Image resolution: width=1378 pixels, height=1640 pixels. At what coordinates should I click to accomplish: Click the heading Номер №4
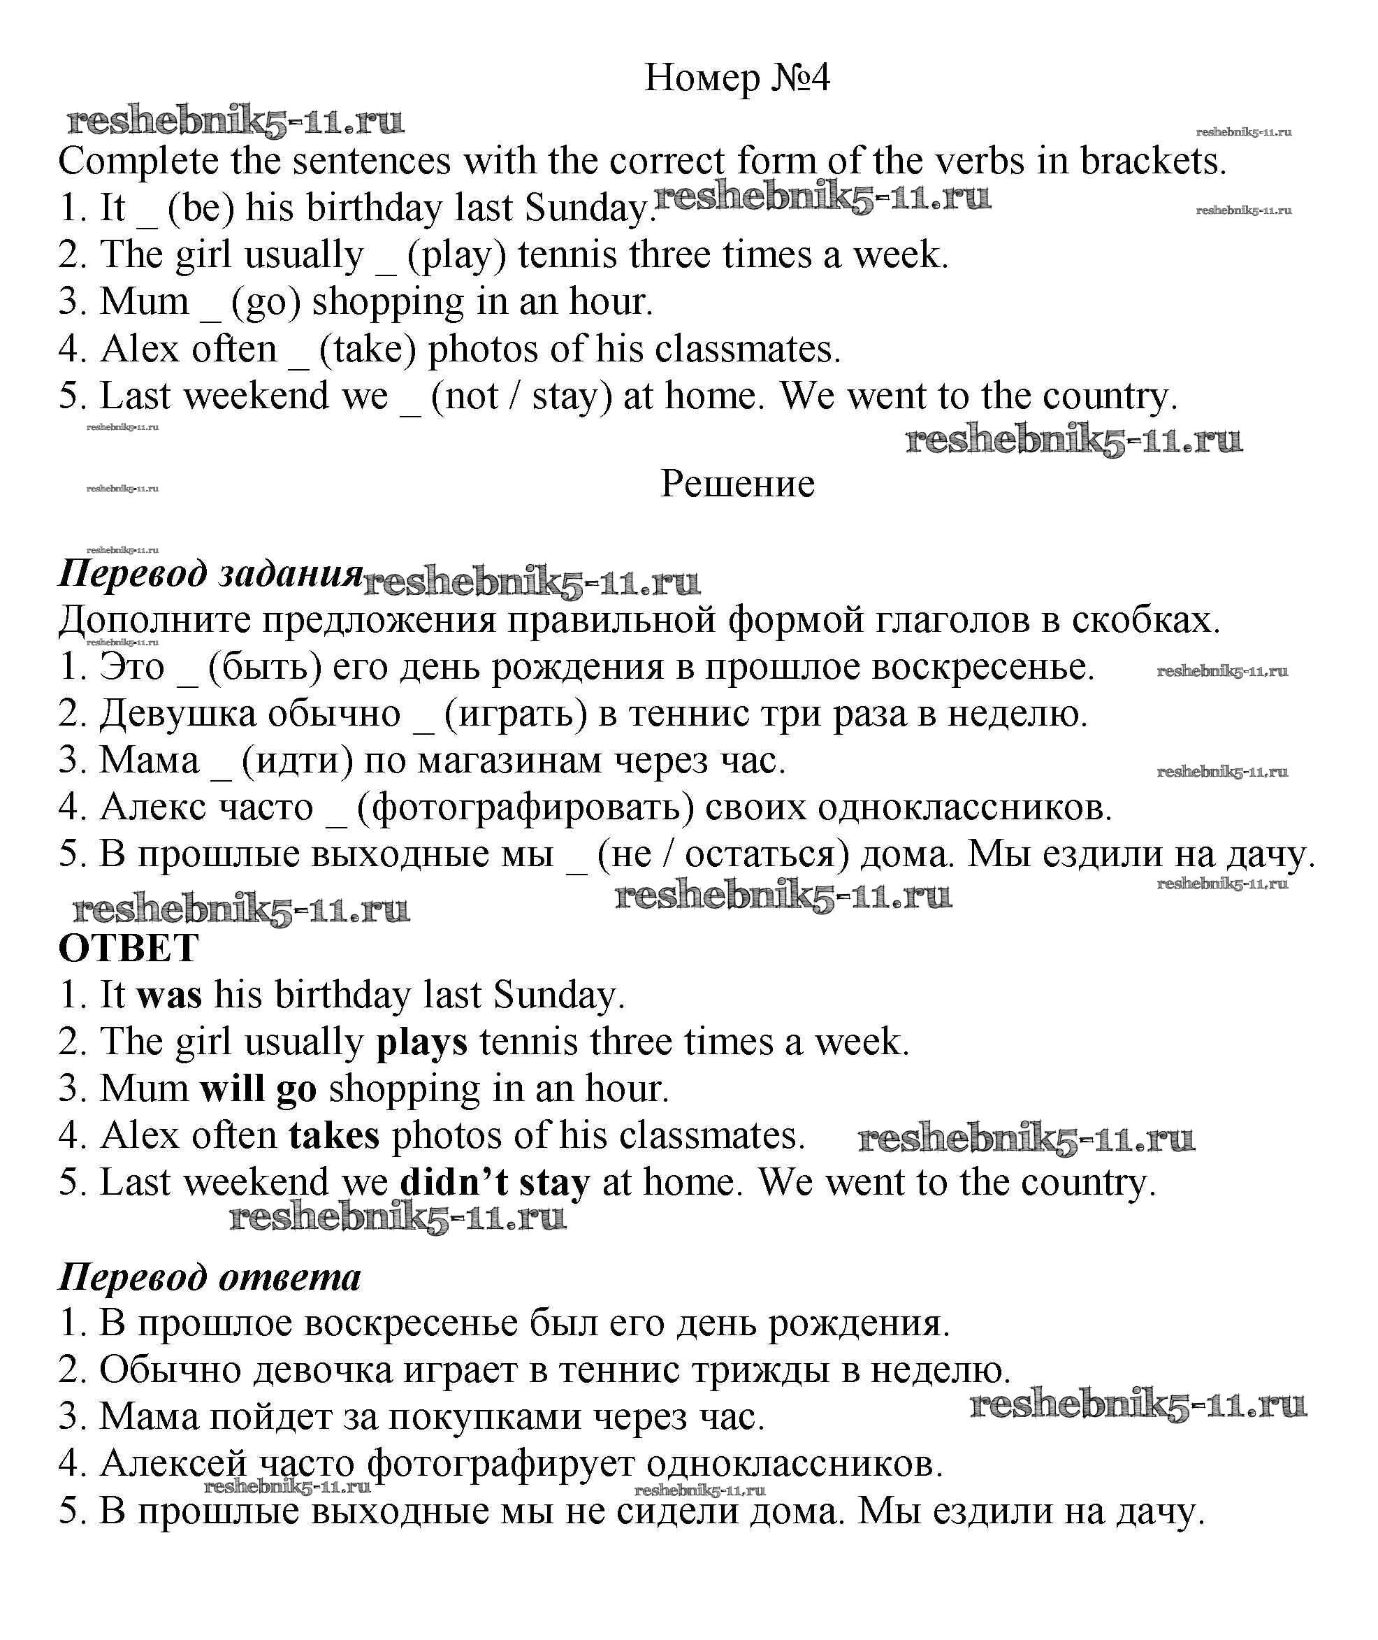click(x=737, y=78)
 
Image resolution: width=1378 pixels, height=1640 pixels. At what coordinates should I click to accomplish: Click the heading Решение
click(x=737, y=484)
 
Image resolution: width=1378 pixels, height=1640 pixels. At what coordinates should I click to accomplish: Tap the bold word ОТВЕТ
click(x=129, y=949)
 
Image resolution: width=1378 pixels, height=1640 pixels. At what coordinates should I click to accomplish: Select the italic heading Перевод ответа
click(x=210, y=1277)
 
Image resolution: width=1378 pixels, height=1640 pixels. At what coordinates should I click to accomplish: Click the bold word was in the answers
click(x=168, y=995)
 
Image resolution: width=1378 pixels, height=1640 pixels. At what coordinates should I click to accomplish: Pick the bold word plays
click(x=422, y=1042)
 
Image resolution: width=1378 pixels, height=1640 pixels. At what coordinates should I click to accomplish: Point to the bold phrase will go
click(x=259, y=1089)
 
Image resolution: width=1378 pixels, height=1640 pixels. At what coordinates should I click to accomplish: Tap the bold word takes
click(x=333, y=1136)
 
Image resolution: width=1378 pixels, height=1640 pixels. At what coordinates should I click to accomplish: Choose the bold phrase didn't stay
click(x=495, y=1183)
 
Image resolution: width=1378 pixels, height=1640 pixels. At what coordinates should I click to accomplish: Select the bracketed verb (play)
click(x=457, y=255)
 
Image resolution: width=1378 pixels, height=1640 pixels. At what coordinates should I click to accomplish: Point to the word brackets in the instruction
click(x=1153, y=161)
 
